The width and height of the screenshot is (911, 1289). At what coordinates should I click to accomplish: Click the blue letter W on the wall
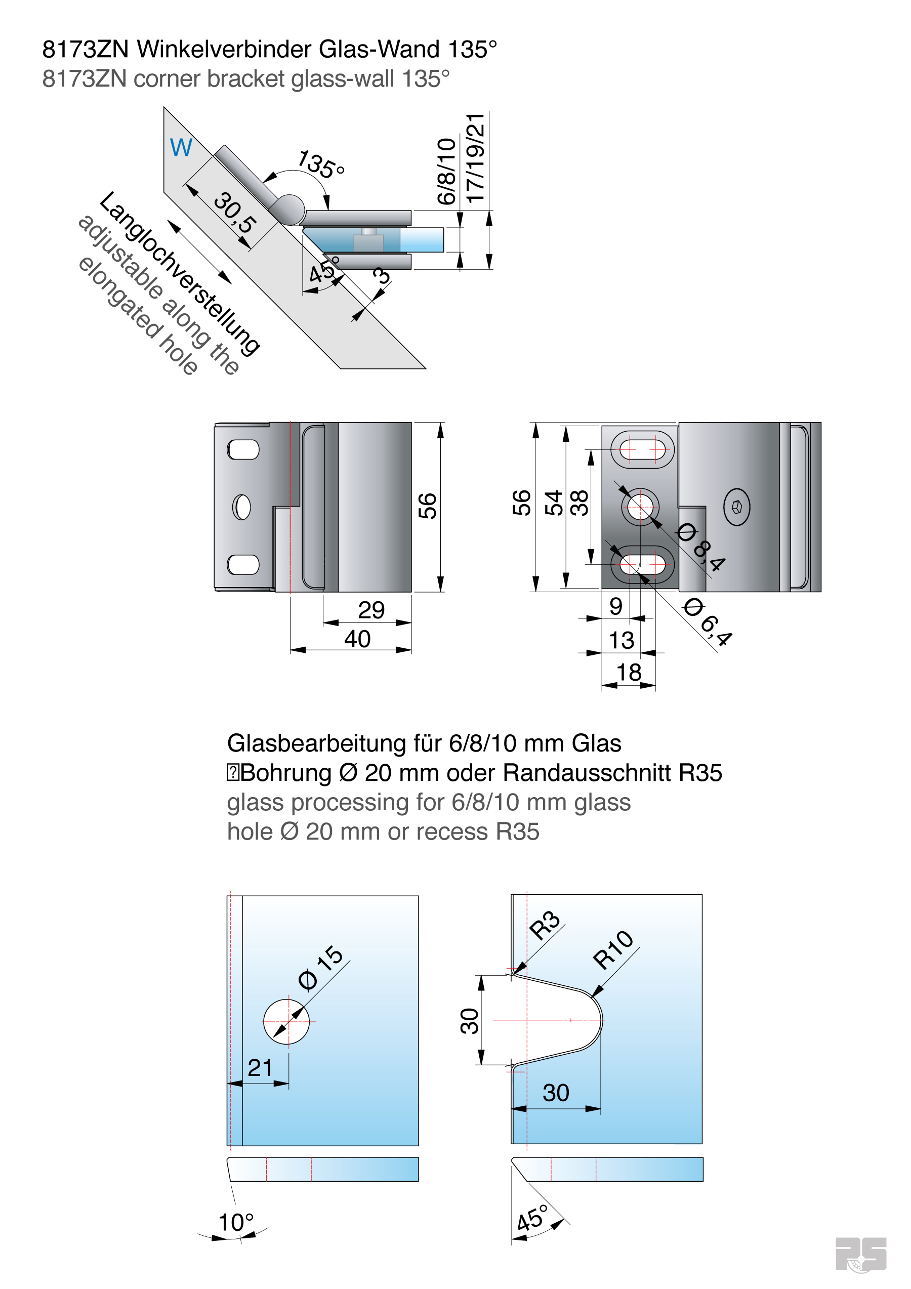(181, 148)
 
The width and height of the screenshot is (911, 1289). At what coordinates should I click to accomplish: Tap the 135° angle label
(320, 164)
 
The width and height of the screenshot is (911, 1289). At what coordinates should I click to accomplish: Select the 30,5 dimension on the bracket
(235, 213)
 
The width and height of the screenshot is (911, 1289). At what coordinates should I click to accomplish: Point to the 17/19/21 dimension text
(475, 158)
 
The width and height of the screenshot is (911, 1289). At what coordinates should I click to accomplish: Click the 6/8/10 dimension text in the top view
(446, 171)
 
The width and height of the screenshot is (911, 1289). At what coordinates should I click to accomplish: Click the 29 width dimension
(371, 610)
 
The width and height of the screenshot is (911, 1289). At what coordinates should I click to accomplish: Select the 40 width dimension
(357, 639)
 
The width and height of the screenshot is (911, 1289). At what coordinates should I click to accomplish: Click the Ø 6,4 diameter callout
(707, 622)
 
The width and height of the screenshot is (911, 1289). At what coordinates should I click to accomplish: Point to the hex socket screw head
(736, 507)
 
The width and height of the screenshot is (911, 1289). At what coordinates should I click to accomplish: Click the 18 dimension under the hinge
(629, 672)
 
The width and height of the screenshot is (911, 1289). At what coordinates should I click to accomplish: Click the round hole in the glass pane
(286, 1022)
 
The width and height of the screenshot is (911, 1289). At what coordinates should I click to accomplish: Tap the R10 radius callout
(613, 949)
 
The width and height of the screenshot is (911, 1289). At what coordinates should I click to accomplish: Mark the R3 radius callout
(545, 925)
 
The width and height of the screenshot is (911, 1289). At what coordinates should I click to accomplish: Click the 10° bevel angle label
(236, 1222)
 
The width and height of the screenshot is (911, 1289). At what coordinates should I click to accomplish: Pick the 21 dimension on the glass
(260, 1068)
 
